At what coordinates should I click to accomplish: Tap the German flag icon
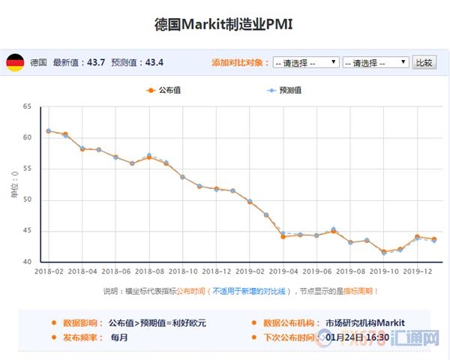(15, 62)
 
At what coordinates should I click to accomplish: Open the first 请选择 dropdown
(306, 62)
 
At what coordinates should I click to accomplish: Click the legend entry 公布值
(164, 91)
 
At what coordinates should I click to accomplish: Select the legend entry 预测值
(284, 91)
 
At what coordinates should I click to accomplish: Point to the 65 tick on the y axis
(28, 107)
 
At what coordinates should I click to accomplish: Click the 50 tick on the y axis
(28, 199)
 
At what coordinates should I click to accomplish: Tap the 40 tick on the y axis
(28, 262)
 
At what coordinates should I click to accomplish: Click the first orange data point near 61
(49, 131)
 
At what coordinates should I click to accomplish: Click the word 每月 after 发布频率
(120, 337)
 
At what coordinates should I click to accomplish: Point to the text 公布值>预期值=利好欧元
(157, 322)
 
